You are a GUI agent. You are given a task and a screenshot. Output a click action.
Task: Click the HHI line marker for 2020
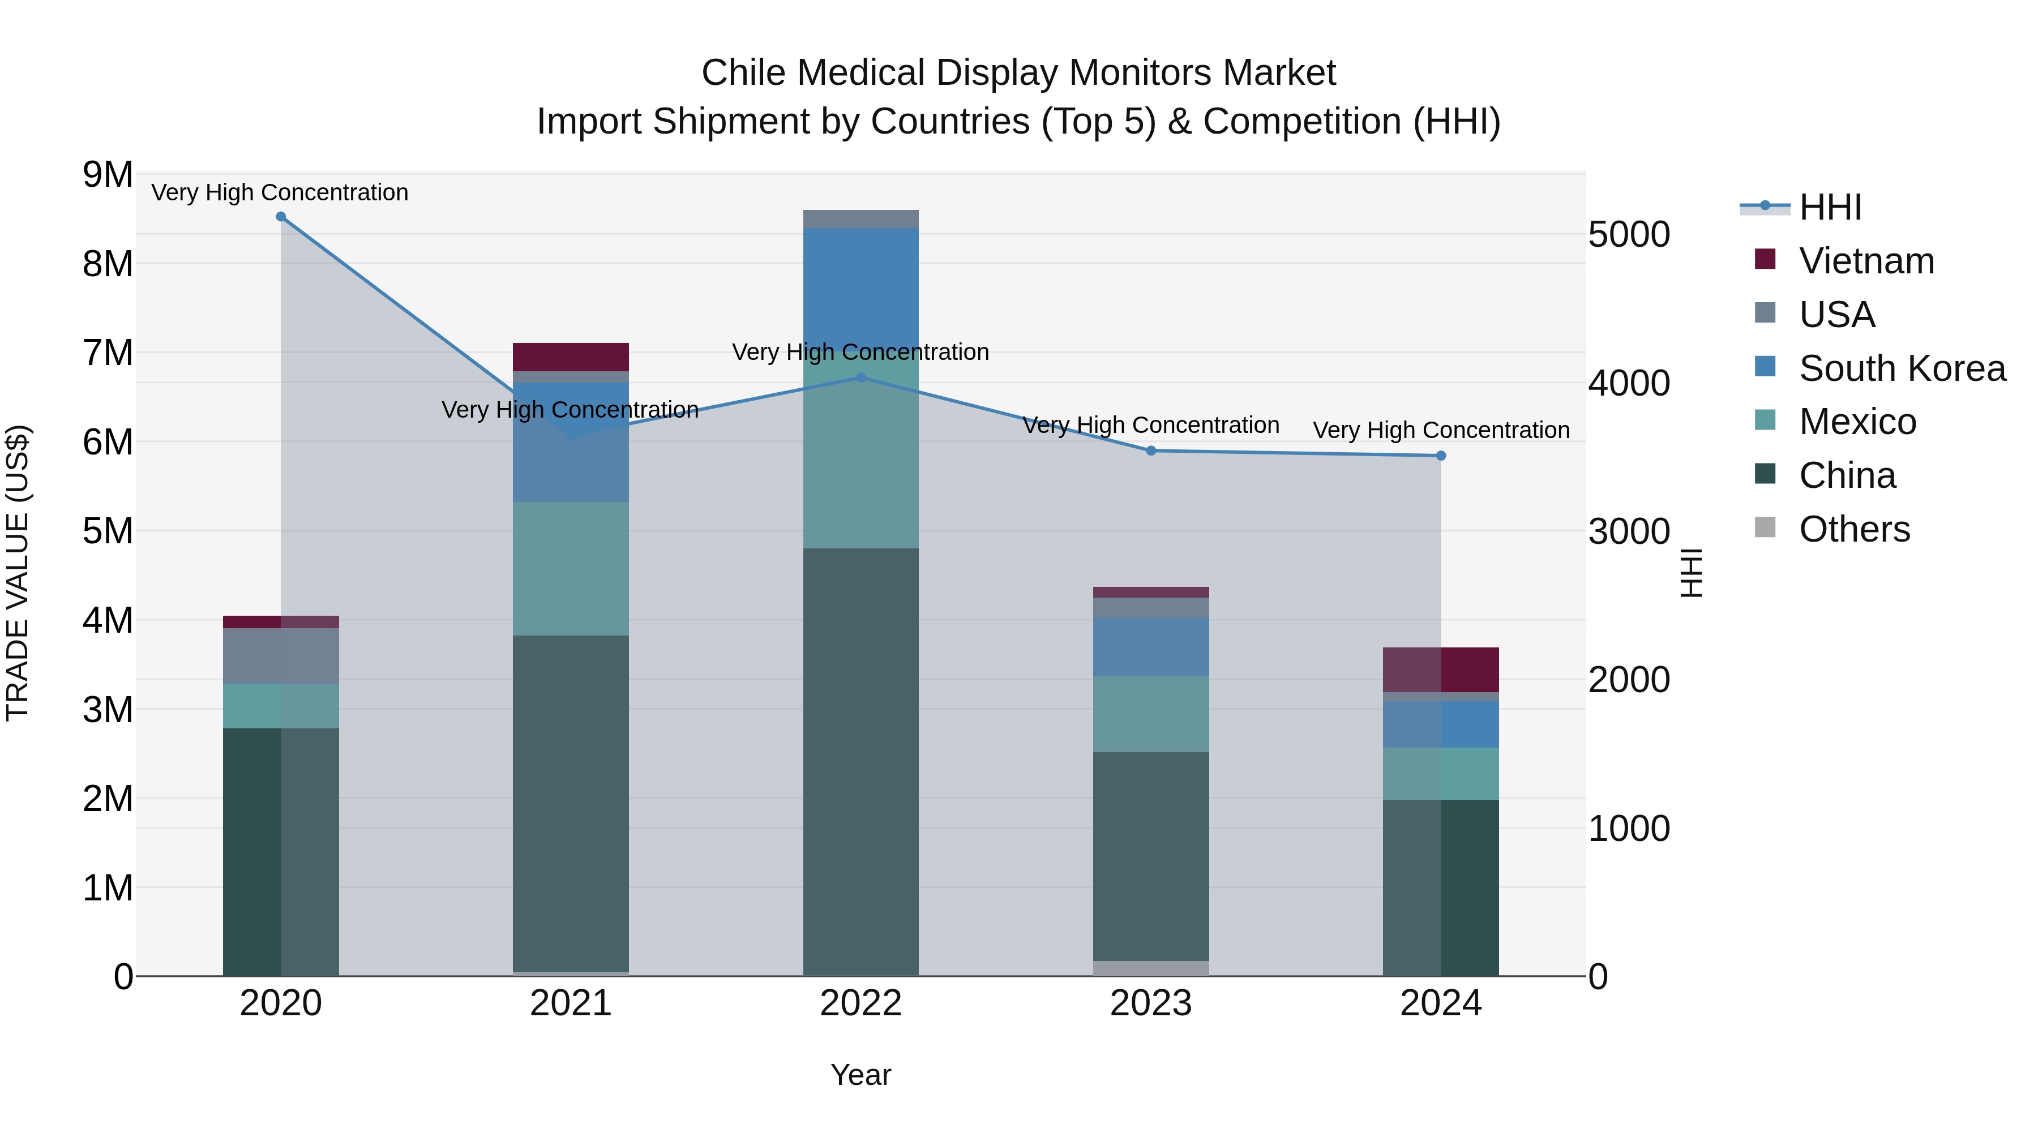281,217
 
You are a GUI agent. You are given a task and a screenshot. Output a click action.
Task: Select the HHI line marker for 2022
860,378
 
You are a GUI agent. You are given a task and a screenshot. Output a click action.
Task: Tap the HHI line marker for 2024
1441,456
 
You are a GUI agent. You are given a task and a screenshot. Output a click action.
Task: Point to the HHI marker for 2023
1151,451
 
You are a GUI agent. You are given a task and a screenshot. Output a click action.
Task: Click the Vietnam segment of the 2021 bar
571,357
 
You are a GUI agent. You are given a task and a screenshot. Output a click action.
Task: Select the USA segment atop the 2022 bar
860,219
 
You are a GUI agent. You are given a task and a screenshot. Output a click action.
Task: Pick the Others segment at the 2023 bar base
1151,968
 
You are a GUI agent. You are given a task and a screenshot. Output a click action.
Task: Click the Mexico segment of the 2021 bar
571,568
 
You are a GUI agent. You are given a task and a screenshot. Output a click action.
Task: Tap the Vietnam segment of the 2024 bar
1441,669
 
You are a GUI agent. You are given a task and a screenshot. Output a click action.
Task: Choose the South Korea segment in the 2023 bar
1151,646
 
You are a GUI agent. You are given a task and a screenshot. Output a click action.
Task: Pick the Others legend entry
1853,529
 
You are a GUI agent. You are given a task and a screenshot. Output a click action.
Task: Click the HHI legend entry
1830,207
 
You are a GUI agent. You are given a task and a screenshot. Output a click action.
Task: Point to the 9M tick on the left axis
108,175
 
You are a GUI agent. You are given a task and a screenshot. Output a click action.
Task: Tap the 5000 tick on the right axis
1629,235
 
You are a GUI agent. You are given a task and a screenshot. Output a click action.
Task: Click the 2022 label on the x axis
860,1003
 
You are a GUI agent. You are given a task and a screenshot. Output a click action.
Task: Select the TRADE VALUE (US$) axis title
18,573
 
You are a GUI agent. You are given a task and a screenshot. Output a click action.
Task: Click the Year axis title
860,1075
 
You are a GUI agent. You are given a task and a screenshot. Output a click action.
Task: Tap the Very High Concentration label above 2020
280,192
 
